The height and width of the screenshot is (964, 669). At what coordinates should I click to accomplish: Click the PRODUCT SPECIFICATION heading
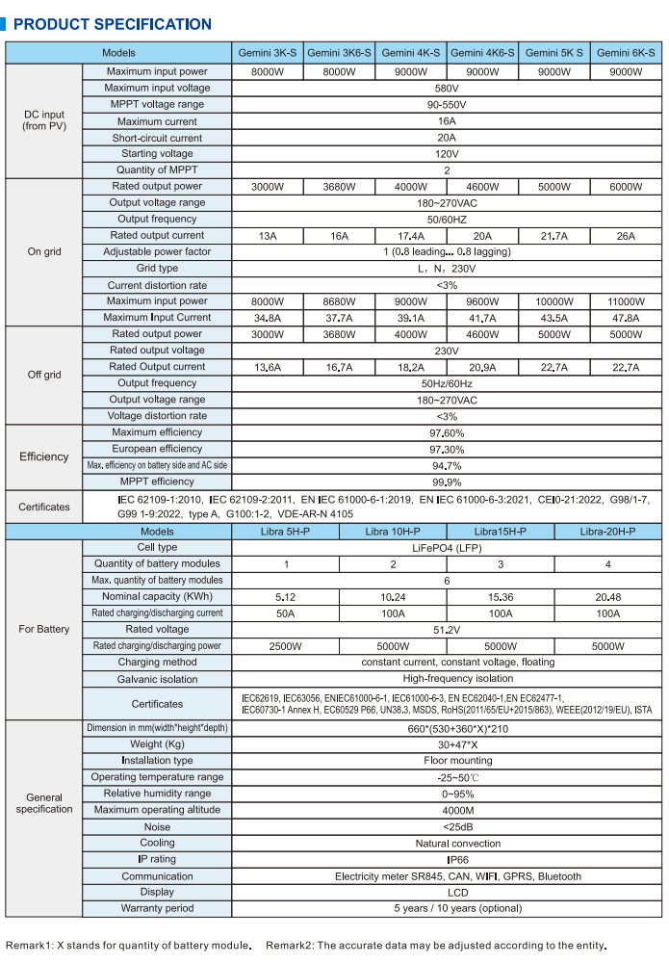tap(113, 24)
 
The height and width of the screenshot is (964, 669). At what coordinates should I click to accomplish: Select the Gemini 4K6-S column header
tap(482, 54)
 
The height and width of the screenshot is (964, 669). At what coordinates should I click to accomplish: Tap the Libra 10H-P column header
tap(392, 532)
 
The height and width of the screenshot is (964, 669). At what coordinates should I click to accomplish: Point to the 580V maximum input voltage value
tap(446, 89)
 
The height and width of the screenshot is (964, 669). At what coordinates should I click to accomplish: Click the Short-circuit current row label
tap(157, 138)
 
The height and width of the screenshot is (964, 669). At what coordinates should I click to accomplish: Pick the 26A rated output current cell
tap(626, 236)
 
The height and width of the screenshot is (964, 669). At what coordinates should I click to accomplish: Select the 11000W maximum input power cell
tap(626, 301)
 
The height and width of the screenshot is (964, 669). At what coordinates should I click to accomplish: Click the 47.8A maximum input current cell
tap(626, 318)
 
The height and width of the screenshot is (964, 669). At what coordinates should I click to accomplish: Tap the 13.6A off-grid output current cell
tap(268, 367)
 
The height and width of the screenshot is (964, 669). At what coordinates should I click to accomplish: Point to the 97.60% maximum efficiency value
tap(447, 433)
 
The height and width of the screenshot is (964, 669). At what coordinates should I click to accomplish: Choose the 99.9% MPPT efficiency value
tap(447, 482)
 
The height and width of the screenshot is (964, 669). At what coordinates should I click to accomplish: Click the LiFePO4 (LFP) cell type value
tap(447, 547)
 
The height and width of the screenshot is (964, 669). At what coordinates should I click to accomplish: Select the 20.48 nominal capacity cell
tap(607, 597)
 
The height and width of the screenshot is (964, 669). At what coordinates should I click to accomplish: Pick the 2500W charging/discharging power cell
tap(286, 646)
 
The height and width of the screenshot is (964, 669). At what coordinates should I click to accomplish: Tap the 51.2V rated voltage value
tap(447, 630)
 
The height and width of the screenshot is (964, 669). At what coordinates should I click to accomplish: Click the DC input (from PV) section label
tap(44, 120)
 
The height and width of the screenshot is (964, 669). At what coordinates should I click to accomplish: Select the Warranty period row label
tap(157, 908)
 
